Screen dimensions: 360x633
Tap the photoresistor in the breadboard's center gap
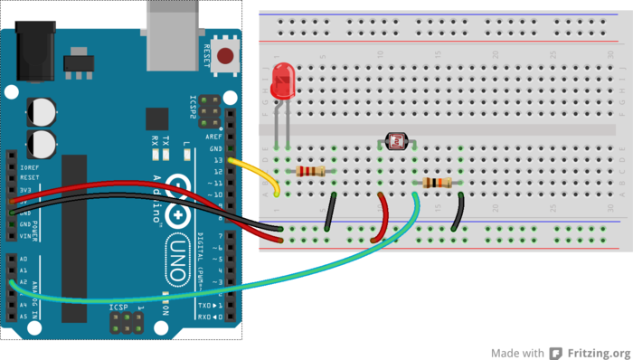click(396, 140)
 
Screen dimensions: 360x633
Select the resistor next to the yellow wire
click(310, 171)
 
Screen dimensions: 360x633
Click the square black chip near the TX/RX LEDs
click(157, 118)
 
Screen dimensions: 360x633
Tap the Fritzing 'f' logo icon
click(558, 353)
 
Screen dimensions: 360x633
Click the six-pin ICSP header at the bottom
click(126, 323)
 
